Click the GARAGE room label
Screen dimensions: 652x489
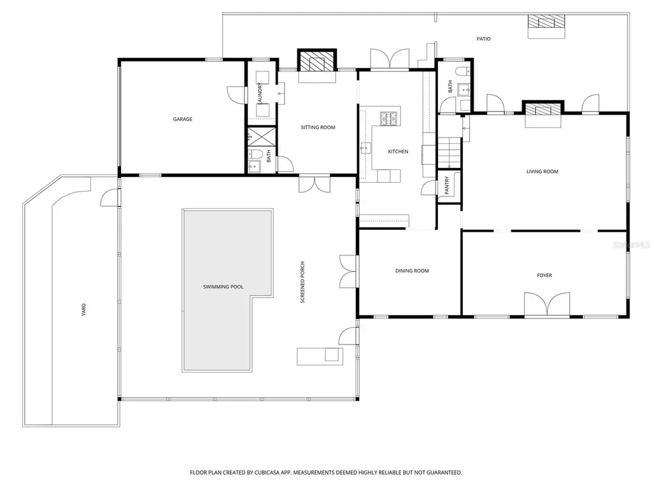pyautogui.click(x=183, y=119)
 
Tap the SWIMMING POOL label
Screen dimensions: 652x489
pyautogui.click(x=223, y=287)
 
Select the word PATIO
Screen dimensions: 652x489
pyautogui.click(x=483, y=39)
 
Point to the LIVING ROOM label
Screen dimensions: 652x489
pyautogui.click(x=542, y=172)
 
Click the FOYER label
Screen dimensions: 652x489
pyautogui.click(x=544, y=276)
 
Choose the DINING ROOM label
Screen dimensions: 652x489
pyautogui.click(x=412, y=271)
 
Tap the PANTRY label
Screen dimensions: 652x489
pyautogui.click(x=447, y=185)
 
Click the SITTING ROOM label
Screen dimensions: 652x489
pyautogui.click(x=318, y=127)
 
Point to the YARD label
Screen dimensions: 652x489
pyautogui.click(x=83, y=310)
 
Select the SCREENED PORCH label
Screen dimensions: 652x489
pyautogui.click(x=302, y=282)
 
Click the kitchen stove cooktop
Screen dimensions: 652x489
pyautogui.click(x=390, y=118)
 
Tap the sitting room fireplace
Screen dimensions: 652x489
pyautogui.click(x=317, y=60)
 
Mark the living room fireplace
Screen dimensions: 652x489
pyautogui.click(x=543, y=108)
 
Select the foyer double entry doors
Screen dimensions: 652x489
pyautogui.click(x=547, y=305)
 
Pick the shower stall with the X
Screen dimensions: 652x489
pyautogui.click(x=262, y=137)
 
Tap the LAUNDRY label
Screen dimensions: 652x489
pyautogui.click(x=260, y=94)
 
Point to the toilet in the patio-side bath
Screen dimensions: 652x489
pyautogui.click(x=462, y=71)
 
